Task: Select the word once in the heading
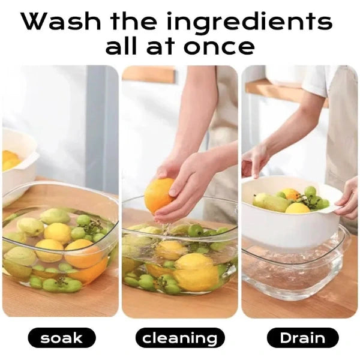click(x=222, y=46)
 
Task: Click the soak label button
click(x=61, y=338)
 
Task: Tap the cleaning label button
click(x=179, y=338)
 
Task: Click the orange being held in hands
click(x=159, y=195)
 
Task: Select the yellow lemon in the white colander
click(x=298, y=209)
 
